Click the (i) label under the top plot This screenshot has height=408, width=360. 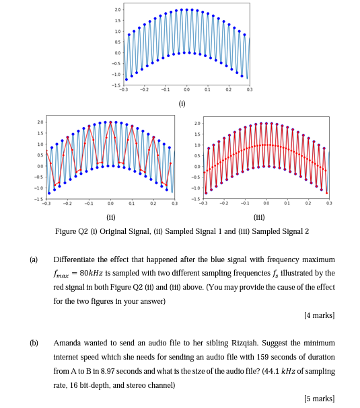click(x=181, y=104)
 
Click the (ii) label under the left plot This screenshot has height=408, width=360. click(x=111, y=217)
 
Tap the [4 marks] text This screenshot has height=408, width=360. click(x=319, y=315)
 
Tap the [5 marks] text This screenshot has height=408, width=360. click(x=319, y=398)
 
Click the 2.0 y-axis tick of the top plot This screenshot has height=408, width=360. click(x=117, y=10)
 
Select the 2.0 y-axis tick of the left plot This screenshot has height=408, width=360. click(x=40, y=123)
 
